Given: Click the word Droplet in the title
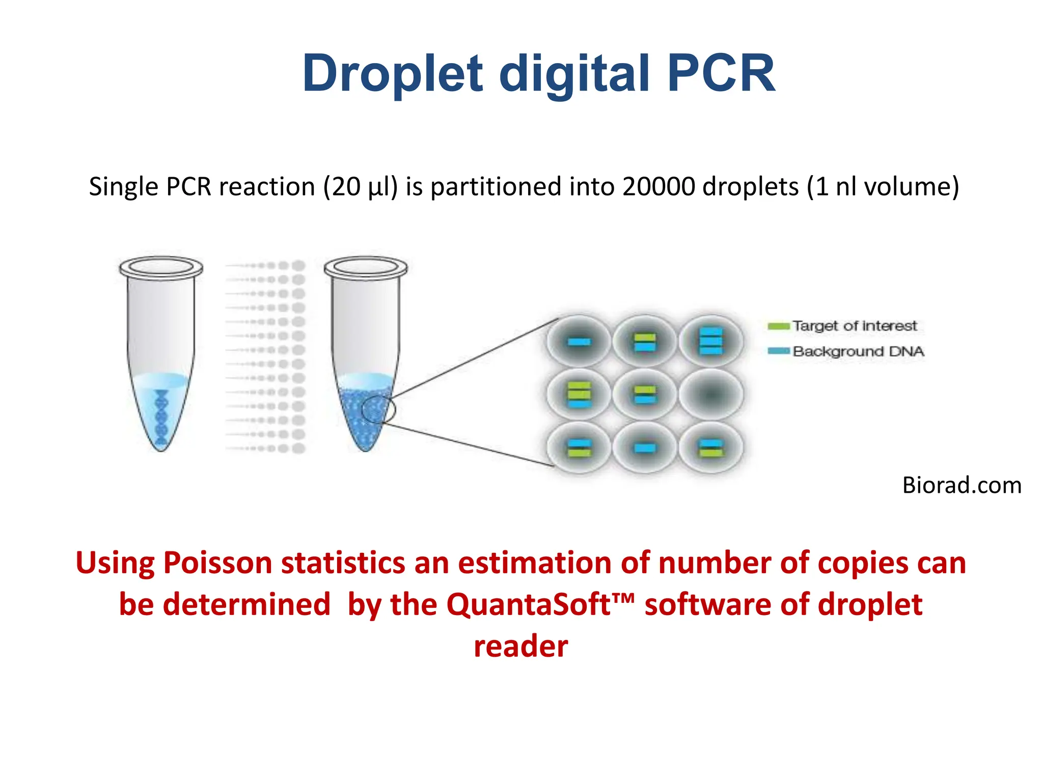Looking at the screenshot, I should click(x=392, y=74).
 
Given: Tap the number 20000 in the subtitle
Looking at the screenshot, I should click(x=658, y=186).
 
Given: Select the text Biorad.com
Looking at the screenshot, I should click(x=962, y=485).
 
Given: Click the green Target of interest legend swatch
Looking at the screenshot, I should click(x=778, y=326).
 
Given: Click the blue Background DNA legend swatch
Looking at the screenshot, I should click(x=778, y=351).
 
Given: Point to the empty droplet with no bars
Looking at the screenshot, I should click(x=711, y=394).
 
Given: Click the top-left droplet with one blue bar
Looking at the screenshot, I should click(x=579, y=342).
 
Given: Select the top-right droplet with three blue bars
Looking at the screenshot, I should click(x=711, y=341).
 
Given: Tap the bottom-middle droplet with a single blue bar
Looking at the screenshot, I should click(x=645, y=448).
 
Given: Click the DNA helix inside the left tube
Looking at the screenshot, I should click(x=161, y=415).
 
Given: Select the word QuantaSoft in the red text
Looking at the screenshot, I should click(x=529, y=605).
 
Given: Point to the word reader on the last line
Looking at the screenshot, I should click(x=520, y=647).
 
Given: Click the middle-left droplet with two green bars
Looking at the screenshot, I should click(x=579, y=394).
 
